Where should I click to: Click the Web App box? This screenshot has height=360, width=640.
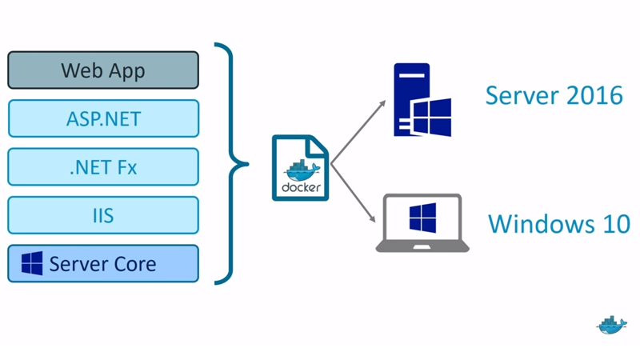click(103, 70)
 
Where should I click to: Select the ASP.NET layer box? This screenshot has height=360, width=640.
click(103, 118)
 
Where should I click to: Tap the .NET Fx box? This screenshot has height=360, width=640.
click(103, 167)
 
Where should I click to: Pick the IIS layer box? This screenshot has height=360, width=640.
click(103, 215)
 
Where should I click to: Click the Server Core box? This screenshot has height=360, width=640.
click(103, 264)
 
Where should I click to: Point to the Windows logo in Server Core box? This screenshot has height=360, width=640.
click(32, 264)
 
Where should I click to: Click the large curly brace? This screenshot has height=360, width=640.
click(232, 165)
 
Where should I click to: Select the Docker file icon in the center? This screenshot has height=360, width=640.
click(300, 167)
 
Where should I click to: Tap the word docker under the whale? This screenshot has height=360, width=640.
click(301, 188)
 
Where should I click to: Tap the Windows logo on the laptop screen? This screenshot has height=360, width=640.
click(422, 218)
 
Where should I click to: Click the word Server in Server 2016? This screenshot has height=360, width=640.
click(522, 95)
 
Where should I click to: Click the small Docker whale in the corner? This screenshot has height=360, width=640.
click(611, 324)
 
